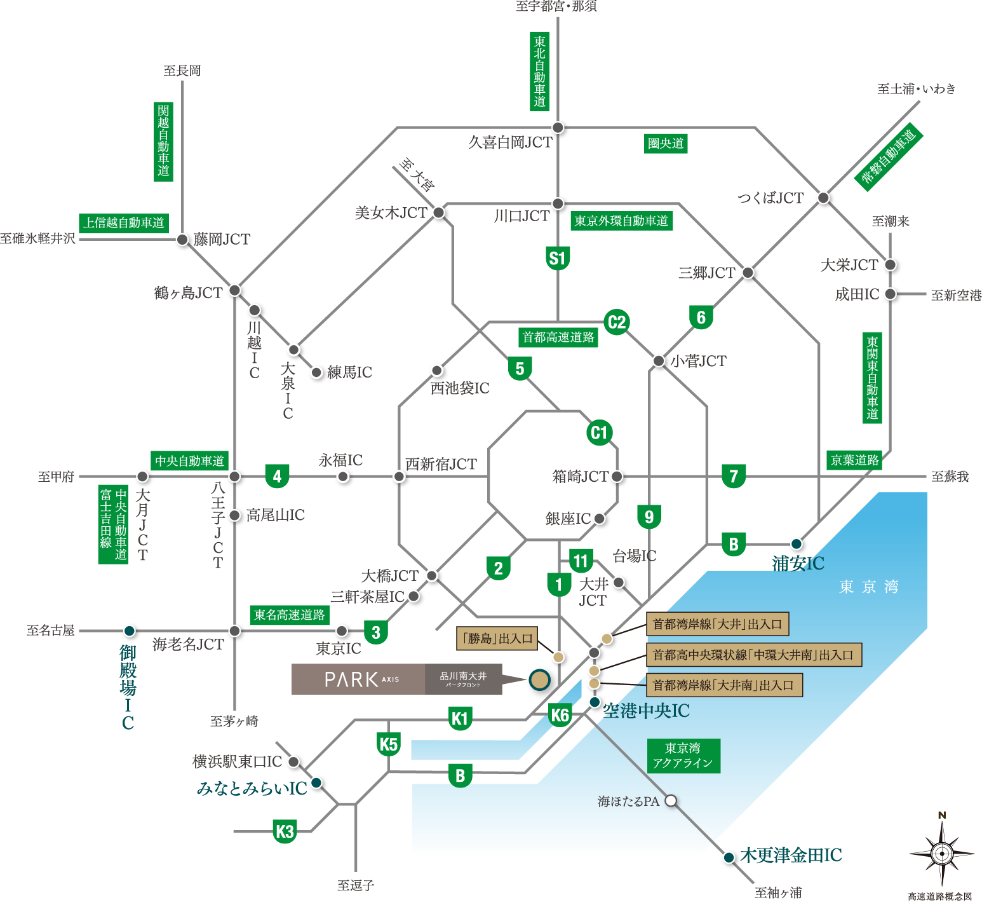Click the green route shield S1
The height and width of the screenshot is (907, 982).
[558, 259]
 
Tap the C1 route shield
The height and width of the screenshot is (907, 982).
[598, 433]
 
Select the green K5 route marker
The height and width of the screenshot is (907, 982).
[388, 744]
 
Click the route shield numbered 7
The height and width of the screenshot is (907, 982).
[734, 476]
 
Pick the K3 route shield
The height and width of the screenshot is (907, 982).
[285, 831]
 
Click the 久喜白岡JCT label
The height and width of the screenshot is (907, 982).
[511, 142]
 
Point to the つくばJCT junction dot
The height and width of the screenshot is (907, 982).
[823, 198]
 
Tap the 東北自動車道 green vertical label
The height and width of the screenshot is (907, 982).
[539, 72]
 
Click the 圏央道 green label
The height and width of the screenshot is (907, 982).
[666, 143]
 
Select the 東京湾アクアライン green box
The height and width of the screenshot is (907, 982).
[683, 756]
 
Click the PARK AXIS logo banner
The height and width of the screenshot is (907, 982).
[397, 679]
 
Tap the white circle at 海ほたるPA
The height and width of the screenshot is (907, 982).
[671, 801]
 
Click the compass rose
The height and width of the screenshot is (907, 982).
[942, 852]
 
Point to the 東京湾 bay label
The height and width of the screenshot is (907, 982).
[868, 587]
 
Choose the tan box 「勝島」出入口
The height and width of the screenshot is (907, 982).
[497, 638]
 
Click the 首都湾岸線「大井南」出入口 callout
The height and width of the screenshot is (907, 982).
[724, 685]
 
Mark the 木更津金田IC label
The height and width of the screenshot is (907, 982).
[791, 856]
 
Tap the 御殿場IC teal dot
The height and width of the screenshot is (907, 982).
[129, 631]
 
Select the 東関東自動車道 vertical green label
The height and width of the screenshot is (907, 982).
[872, 378]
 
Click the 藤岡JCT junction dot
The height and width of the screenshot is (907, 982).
[182, 240]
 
